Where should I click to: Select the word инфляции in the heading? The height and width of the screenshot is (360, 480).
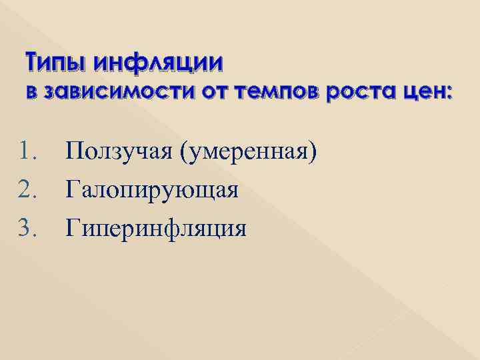click(x=159, y=64)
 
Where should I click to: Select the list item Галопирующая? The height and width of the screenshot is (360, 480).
click(x=152, y=191)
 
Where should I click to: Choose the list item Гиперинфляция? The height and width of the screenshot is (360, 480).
click(x=156, y=229)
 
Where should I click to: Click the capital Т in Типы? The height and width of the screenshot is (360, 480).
click(x=34, y=64)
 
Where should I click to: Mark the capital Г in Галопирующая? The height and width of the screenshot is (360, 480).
click(x=73, y=190)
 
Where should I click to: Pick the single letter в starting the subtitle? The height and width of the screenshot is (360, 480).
click(x=31, y=93)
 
